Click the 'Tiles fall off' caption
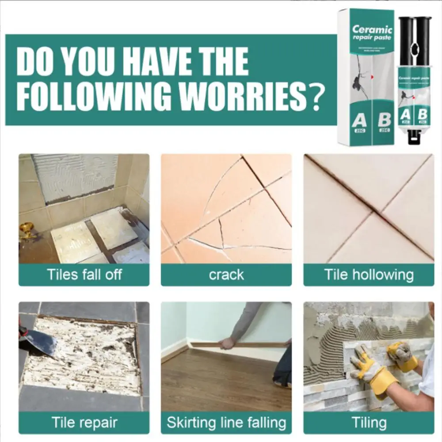(x=84, y=274)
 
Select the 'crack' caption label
(x=226, y=274)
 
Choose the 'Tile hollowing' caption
(x=369, y=274)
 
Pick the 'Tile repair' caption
(x=84, y=422)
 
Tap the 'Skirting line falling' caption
(x=226, y=422)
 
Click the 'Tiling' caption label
(x=369, y=422)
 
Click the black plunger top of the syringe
(x=415, y=20)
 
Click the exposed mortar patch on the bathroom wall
(x=75, y=175)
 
